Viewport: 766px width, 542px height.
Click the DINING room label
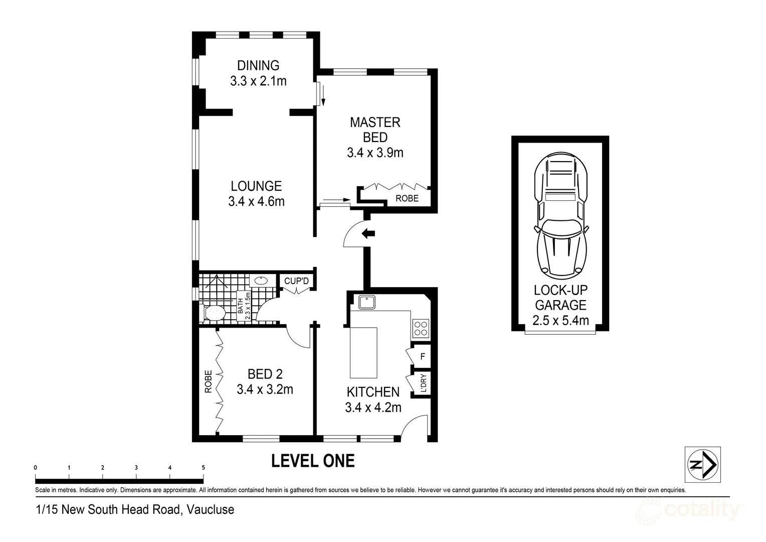(258, 65)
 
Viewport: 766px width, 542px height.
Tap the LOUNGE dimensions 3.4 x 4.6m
(256, 201)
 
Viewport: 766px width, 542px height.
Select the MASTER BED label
(375, 130)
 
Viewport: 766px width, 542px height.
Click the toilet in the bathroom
(213, 313)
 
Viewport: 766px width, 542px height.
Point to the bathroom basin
(261, 281)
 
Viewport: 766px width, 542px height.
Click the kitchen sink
(367, 302)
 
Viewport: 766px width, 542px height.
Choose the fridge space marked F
(423, 356)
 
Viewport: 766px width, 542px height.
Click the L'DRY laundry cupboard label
(423, 383)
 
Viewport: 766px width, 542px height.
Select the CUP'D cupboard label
(296, 281)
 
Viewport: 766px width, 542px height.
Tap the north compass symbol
(702, 465)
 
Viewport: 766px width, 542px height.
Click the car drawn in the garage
(561, 216)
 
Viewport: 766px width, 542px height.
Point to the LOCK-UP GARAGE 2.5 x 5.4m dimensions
(560, 321)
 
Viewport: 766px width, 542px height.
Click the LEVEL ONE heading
(313, 461)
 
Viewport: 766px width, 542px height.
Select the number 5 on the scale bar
(203, 468)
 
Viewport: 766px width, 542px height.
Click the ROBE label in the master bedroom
(407, 198)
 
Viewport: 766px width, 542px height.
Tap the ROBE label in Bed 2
(208, 381)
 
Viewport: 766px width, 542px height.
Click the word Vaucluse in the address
(211, 509)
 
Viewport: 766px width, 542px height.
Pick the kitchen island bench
(363, 353)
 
